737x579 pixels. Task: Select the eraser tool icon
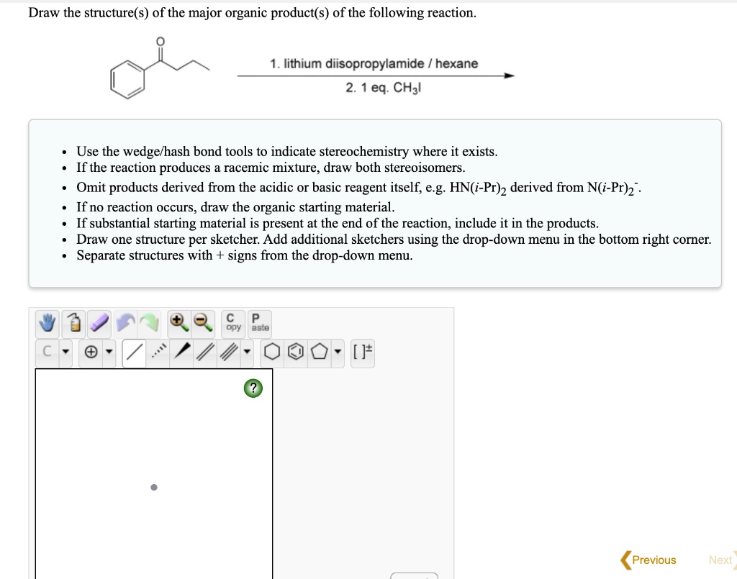coord(99,324)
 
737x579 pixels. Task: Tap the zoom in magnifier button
coord(178,324)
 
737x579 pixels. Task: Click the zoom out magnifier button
coord(204,324)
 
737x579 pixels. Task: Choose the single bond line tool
coord(133,353)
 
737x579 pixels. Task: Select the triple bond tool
coord(229,353)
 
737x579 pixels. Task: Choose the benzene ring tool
coord(295,353)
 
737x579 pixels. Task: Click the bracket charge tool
coord(363,353)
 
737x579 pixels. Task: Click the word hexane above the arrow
coord(456,64)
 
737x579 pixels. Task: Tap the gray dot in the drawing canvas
coord(153,488)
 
